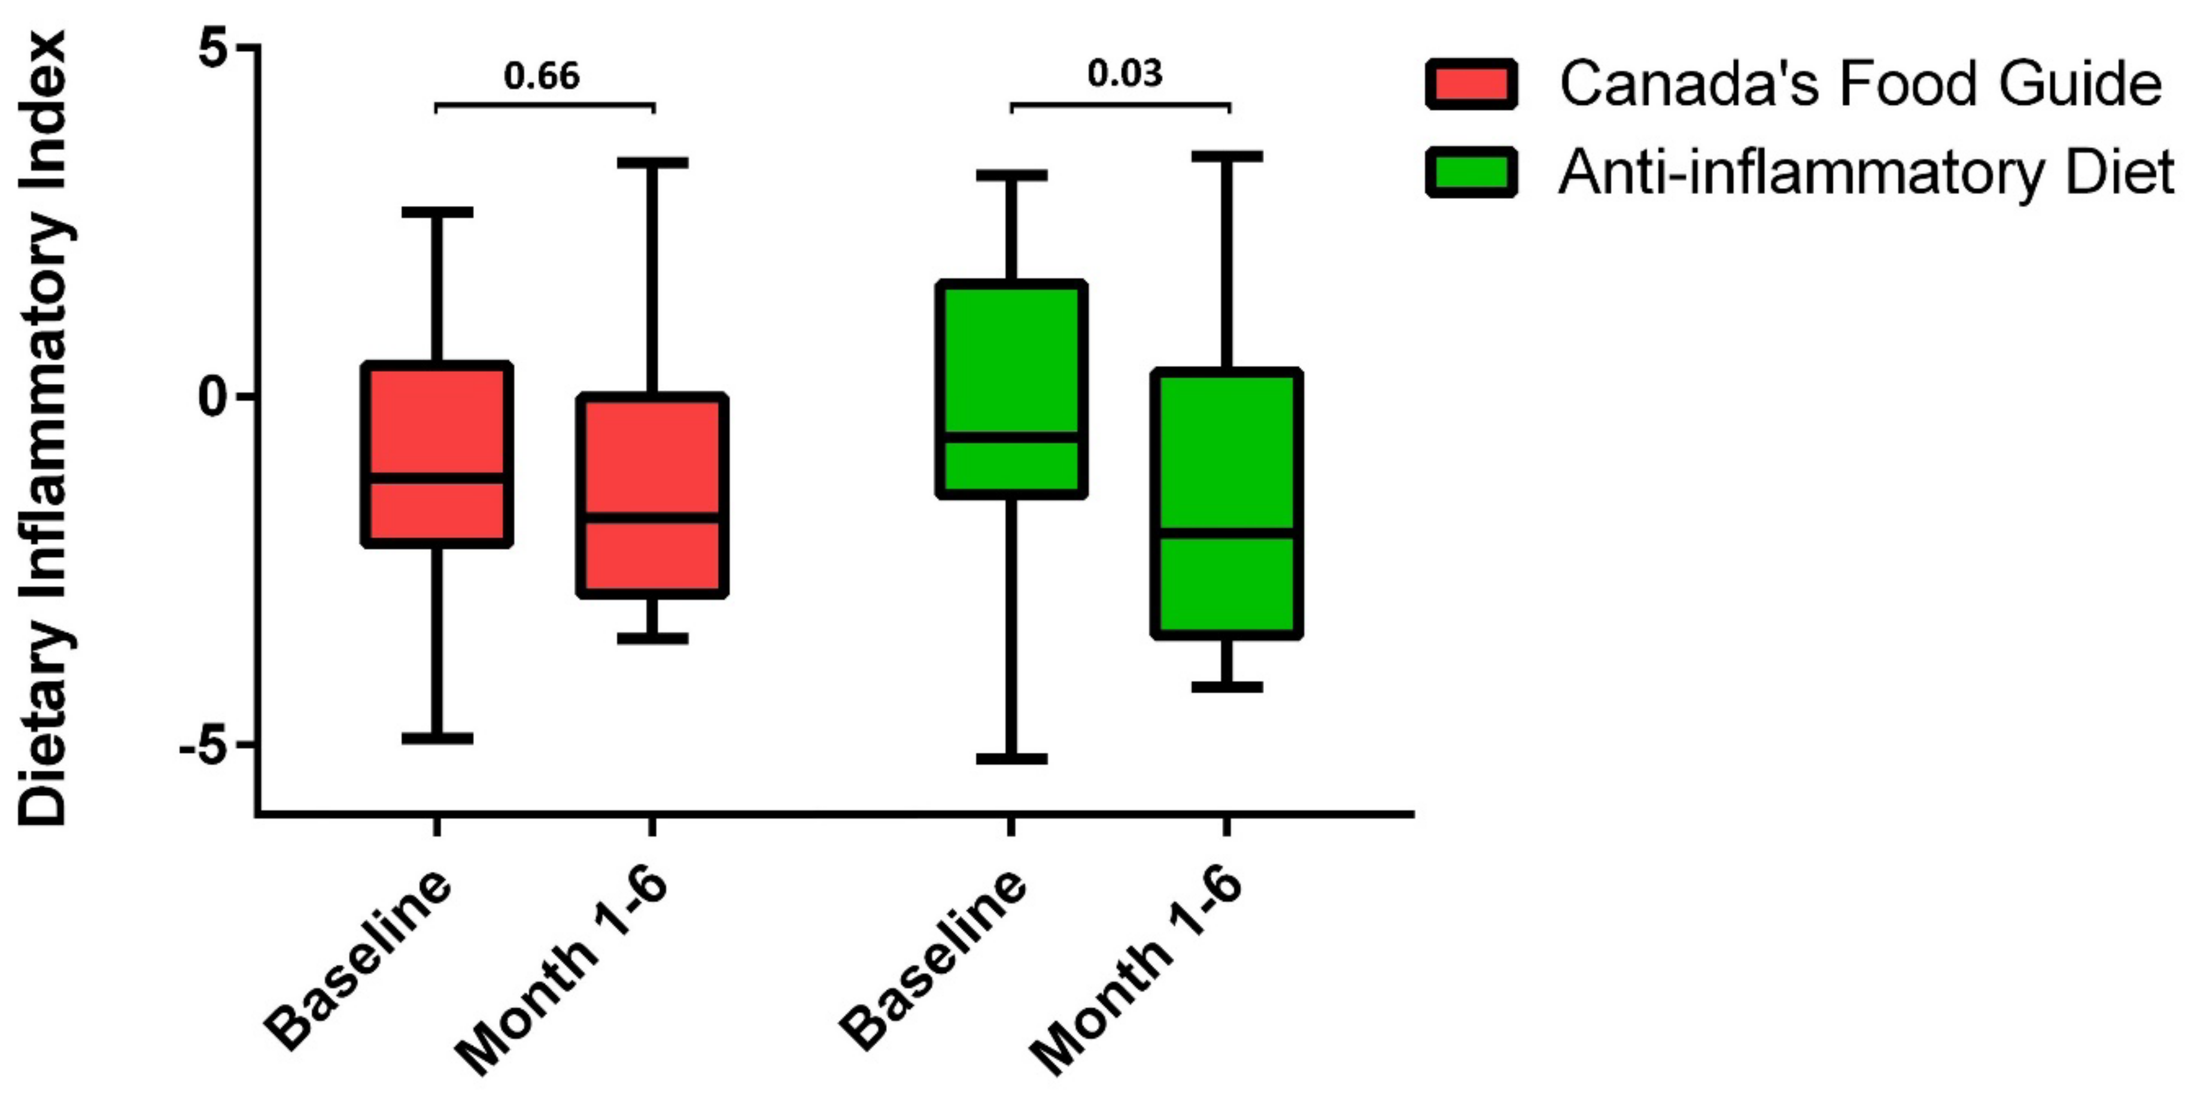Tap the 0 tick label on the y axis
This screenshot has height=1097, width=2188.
pyautogui.click(x=215, y=397)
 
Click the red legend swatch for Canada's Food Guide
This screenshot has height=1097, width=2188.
pyautogui.click(x=1471, y=84)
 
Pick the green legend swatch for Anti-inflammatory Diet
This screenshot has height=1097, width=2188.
pyautogui.click(x=1471, y=172)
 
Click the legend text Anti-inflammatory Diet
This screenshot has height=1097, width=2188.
pyautogui.click(x=1864, y=172)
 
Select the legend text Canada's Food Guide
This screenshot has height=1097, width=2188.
pyautogui.click(x=1860, y=84)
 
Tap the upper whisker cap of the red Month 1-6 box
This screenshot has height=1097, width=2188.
pyautogui.click(x=652, y=162)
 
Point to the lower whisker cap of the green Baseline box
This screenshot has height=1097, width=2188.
pyautogui.click(x=1011, y=758)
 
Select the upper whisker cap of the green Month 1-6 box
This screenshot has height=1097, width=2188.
pyautogui.click(x=1226, y=156)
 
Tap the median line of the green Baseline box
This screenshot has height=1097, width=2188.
pyautogui.click(x=1011, y=437)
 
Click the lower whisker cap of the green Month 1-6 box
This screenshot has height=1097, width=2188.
pyautogui.click(x=1226, y=686)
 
